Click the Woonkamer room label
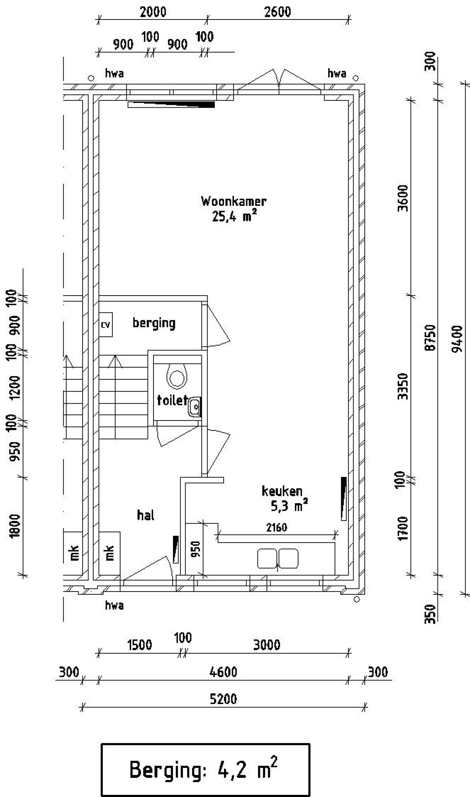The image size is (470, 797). pyautogui.click(x=234, y=201)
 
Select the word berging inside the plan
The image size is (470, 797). pyautogui.click(x=154, y=323)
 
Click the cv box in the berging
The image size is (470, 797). pyautogui.click(x=106, y=325)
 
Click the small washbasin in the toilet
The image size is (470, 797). pyautogui.click(x=194, y=407)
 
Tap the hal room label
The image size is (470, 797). pyautogui.click(x=145, y=515)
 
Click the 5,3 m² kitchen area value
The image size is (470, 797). pyautogui.click(x=289, y=506)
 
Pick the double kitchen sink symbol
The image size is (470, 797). pyautogui.click(x=278, y=558)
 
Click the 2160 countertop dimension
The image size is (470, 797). pyautogui.click(x=276, y=528)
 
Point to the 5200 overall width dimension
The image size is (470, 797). pyautogui.click(x=223, y=698)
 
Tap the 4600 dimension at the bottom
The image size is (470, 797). pyautogui.click(x=223, y=672)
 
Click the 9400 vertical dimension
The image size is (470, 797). pyautogui.click(x=458, y=339)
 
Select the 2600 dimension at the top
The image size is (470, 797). pyautogui.click(x=277, y=12)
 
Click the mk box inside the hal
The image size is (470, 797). pyautogui.click(x=109, y=552)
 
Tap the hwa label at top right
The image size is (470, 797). pyautogui.click(x=337, y=74)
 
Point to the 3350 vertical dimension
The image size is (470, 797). pyautogui.click(x=404, y=386)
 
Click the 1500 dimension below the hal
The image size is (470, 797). pyautogui.click(x=140, y=644)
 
